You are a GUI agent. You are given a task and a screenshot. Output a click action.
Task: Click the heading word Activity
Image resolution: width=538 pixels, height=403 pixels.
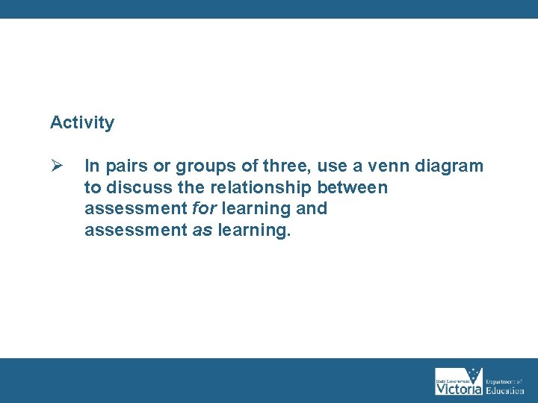coord(82,122)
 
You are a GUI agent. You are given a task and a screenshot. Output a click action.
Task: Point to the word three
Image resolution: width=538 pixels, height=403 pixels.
coord(273,166)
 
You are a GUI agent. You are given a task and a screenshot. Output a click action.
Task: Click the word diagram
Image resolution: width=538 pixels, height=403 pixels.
coord(448,166)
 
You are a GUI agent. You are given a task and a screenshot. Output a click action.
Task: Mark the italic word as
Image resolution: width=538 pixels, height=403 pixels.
coord(202,231)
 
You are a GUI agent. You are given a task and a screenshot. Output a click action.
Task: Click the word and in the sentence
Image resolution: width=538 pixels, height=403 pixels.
coord(312,209)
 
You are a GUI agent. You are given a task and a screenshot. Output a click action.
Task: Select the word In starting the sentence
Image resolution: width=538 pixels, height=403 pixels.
coord(91,166)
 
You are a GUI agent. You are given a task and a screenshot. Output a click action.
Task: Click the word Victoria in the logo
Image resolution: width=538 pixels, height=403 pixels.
coord(459,389)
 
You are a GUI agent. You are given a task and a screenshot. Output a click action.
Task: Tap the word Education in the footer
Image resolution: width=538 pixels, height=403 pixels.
coord(505,390)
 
